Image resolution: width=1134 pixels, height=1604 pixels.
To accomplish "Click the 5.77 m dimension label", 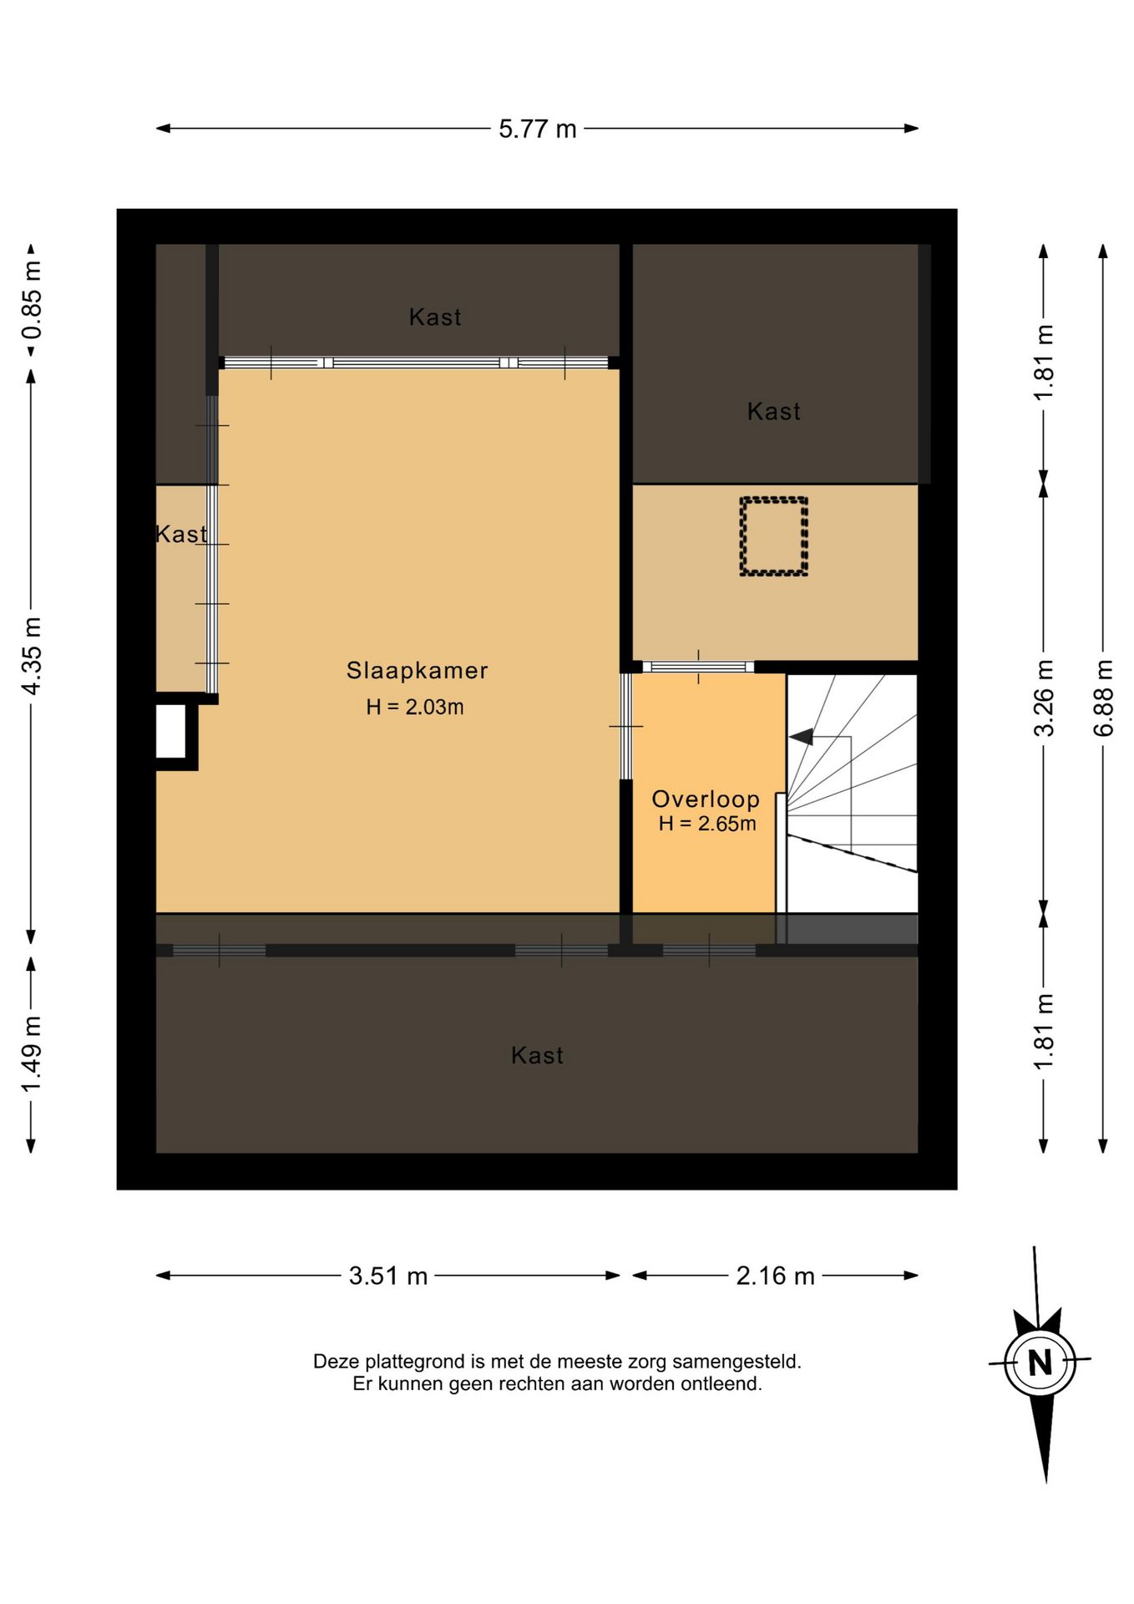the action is click(x=538, y=129).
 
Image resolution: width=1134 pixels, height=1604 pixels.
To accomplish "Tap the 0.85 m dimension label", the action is click(x=32, y=301).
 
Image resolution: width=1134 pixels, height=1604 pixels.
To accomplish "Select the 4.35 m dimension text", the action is click(x=32, y=656).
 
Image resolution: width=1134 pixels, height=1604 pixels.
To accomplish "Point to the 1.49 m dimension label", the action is click(x=32, y=1053).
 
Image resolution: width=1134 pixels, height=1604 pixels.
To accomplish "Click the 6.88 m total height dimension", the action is click(x=1103, y=698).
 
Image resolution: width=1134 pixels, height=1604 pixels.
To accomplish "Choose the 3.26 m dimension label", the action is click(x=1044, y=698).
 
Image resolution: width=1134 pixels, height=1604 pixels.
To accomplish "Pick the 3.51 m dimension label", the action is click(x=388, y=1276).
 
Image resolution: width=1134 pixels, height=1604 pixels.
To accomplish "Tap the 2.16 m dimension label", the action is click(x=775, y=1276).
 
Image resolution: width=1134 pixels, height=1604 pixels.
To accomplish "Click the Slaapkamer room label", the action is click(x=417, y=670).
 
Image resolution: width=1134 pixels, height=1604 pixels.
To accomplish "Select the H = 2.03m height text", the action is click(x=415, y=707).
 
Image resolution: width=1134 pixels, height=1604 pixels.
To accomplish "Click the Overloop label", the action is click(x=706, y=799).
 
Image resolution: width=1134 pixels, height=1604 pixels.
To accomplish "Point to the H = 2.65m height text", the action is click(x=707, y=824).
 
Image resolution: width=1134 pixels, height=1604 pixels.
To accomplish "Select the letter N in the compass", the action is click(x=1040, y=1363).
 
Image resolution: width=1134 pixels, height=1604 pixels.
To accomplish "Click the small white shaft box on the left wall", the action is click(x=171, y=731).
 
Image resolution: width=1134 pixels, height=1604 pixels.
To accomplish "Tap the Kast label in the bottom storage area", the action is click(x=537, y=1055).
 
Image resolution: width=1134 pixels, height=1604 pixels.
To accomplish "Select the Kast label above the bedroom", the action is click(x=435, y=317).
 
